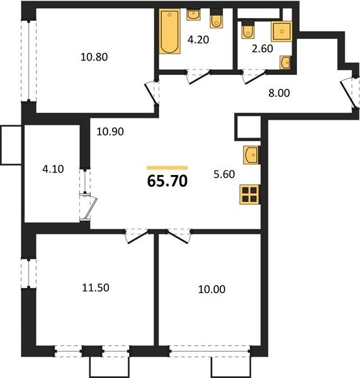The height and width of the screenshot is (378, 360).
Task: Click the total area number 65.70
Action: pyautogui.click(x=167, y=181)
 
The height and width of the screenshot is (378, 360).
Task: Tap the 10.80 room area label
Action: pyautogui.click(x=94, y=57)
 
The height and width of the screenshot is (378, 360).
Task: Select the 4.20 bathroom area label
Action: pyautogui.click(x=198, y=40)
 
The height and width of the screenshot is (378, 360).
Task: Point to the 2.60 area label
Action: pyautogui.click(x=262, y=49)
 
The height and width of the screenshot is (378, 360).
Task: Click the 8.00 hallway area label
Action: pyautogui.click(x=279, y=93)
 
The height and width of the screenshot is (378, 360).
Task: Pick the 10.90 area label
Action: pyautogui.click(x=110, y=132)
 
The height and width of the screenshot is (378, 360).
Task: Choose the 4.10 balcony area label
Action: pyautogui.click(x=53, y=169)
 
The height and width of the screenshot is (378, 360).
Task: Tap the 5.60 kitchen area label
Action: pyautogui.click(x=224, y=175)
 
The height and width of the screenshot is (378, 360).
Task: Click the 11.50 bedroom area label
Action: pyautogui.click(x=96, y=288)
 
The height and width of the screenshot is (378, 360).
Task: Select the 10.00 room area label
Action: pyautogui.click(x=211, y=289)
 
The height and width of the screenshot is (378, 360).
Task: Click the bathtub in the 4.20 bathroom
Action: pyautogui.click(x=169, y=31)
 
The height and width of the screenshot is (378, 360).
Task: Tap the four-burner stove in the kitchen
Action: pyautogui.click(x=249, y=194)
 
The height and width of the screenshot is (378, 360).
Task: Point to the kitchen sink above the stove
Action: pyautogui.click(x=251, y=155)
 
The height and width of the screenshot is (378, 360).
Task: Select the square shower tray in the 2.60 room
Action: pyautogui.click(x=281, y=31)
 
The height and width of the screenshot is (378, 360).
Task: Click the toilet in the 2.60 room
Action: pyautogui.click(x=248, y=29)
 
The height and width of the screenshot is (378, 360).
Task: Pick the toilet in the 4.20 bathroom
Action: pyautogui.click(x=217, y=18)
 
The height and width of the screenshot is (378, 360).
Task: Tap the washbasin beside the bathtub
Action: pyautogui.click(x=193, y=14)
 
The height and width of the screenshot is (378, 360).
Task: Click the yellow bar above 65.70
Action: pyautogui.click(x=167, y=168)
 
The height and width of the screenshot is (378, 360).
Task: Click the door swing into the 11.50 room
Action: pyautogui.click(x=137, y=237)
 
